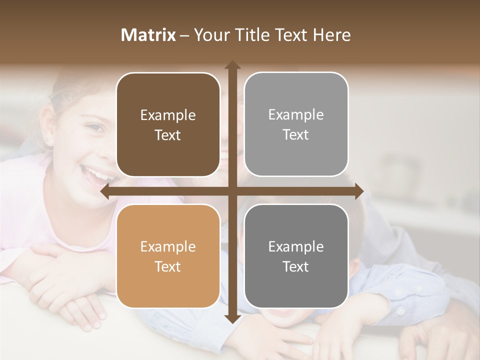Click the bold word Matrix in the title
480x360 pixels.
coord(148,35)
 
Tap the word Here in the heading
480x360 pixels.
coord(332,35)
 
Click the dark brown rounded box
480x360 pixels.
coord(168,125)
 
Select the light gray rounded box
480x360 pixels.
coord(296,124)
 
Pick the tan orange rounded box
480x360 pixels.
coord(168,256)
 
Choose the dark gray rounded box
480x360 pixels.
coord(296,256)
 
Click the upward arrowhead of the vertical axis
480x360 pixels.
coord(232,65)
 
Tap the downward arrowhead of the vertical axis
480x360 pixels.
coord(232,318)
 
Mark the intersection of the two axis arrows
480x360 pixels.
coord(232,191)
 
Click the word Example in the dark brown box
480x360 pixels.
coord(168,115)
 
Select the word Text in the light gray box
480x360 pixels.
coord(296,135)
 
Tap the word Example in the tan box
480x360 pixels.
coord(168,247)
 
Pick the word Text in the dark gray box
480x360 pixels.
coord(296,266)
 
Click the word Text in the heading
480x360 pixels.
coord(291,35)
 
